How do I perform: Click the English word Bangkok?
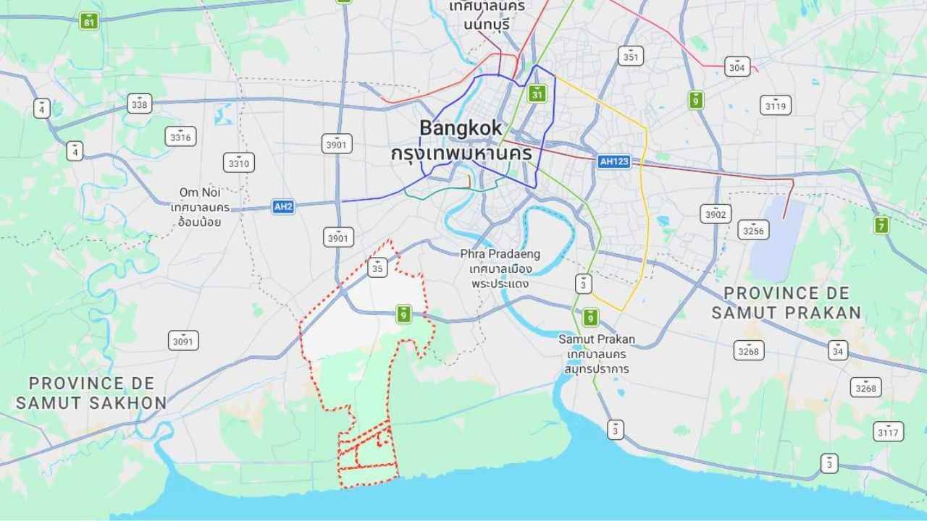point(460,128)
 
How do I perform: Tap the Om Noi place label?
point(200,192)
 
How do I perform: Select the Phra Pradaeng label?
point(500,254)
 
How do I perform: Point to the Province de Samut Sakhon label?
point(91,392)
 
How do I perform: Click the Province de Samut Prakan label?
point(786,302)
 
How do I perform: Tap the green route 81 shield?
point(88,21)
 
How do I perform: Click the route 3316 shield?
point(180,136)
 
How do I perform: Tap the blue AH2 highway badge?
point(284,206)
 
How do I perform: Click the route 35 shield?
point(377,268)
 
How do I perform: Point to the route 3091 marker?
point(183,340)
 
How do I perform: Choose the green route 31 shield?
point(537,94)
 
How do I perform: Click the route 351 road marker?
point(631,56)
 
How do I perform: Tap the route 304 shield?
point(737,67)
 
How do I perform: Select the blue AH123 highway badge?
point(614,161)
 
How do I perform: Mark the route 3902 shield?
point(716,213)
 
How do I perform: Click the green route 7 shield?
point(881,225)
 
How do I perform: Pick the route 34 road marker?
point(839,350)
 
